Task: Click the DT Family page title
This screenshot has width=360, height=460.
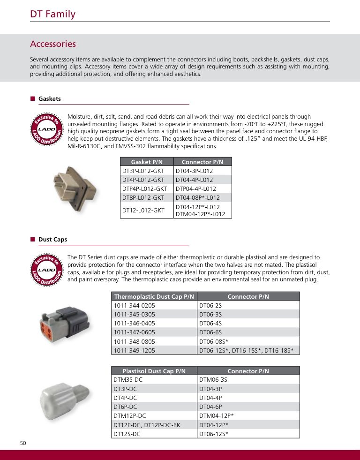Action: point(52,14)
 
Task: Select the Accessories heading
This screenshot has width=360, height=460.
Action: point(53,44)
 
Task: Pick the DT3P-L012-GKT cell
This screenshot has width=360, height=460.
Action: point(143,171)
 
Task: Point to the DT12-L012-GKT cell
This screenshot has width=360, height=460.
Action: point(143,211)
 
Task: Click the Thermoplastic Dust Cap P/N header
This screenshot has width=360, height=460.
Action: point(154,296)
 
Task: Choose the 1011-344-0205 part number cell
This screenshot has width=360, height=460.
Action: point(134,305)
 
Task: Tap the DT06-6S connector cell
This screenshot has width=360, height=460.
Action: point(210,332)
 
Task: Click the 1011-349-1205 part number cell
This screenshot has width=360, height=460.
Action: point(134,350)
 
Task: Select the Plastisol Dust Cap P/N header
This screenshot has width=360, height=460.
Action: point(154,371)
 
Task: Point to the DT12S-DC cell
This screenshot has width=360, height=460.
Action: point(127,434)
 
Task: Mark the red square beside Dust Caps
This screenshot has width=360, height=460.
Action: point(33,239)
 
